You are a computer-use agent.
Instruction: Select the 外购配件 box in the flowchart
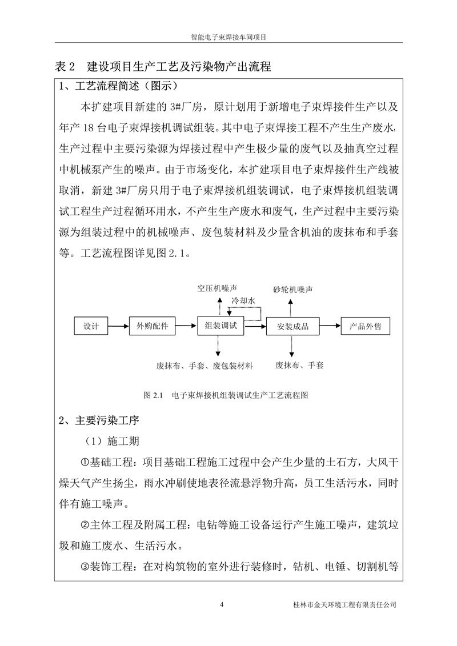(153, 326)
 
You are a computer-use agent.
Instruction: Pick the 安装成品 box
(292, 326)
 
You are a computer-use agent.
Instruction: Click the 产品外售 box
(365, 326)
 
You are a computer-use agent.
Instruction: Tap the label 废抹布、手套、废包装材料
(205, 365)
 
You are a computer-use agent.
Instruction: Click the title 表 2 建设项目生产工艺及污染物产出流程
(163, 67)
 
